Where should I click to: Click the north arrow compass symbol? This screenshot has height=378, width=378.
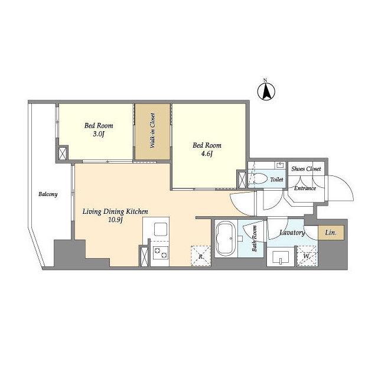coord(266,92)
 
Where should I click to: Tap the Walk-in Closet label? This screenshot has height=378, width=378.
coord(152,131)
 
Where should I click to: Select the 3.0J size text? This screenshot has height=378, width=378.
coord(99,134)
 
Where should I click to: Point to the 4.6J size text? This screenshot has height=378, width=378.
coord(207,154)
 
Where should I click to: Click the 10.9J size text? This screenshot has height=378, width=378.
coord(116,220)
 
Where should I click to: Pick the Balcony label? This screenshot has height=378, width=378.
coord(48,194)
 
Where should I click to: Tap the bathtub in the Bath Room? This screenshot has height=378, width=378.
coord(226,239)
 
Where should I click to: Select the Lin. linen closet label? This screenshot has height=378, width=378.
coord(331,233)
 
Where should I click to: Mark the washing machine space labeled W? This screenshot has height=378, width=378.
coord(307,256)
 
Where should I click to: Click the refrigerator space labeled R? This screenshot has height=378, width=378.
coord(201,256)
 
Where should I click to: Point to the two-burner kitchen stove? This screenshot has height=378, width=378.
coord(160,253)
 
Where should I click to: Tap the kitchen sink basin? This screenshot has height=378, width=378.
coord(161,229)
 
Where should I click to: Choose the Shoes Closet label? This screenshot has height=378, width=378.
coord(306,169)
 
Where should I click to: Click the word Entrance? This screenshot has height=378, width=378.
coord(305,188)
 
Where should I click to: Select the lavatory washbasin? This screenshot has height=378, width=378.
coord(281,258)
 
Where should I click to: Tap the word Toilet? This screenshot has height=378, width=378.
coord(276,180)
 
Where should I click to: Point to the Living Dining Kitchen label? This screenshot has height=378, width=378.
coord(115,211)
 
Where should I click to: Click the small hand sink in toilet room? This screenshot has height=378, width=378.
coord(280,165)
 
